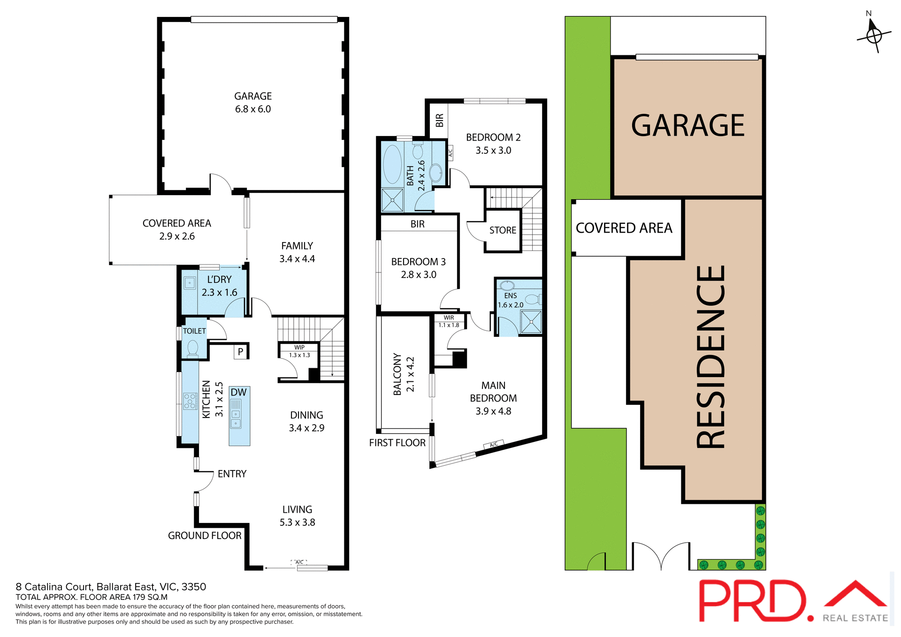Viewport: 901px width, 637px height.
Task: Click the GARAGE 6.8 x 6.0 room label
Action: click(253, 102)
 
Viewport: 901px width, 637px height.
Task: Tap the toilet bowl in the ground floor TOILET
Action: click(192, 349)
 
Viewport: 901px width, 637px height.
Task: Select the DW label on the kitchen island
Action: click(238, 392)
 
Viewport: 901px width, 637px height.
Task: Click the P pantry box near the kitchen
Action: click(241, 351)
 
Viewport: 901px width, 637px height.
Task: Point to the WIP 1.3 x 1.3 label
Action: click(299, 351)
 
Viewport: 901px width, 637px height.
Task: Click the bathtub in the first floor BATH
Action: click(392, 164)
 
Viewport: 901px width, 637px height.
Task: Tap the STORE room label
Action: click(503, 230)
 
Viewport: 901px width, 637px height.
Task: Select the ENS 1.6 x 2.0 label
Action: click(511, 300)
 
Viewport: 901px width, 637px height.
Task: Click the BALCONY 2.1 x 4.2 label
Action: click(404, 374)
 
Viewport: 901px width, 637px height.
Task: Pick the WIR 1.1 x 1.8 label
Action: click(449, 321)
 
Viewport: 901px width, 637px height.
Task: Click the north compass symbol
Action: click(873, 35)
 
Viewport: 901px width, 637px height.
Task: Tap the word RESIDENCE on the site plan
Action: click(710, 356)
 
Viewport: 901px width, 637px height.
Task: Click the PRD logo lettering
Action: click(751, 601)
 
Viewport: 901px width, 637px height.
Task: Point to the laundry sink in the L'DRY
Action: click(190, 283)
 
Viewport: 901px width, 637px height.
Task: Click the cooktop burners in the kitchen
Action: click(190, 402)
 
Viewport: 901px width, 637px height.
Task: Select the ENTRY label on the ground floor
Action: click(232, 474)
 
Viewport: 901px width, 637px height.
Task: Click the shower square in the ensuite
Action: click(531, 322)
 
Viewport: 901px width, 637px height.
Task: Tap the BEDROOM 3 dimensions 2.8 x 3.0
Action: click(419, 275)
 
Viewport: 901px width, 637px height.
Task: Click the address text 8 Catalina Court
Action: click(111, 587)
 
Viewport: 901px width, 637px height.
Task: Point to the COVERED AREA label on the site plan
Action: click(624, 228)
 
